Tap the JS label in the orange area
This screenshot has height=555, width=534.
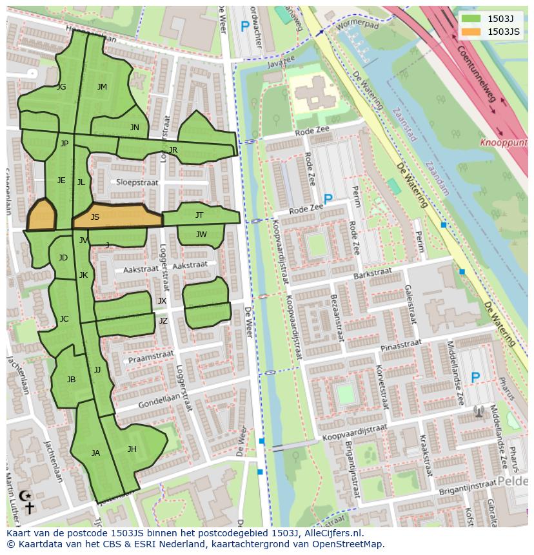tap(95, 217)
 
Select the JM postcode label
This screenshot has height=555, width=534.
tap(102, 87)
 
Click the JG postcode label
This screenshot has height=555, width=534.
tap(61, 87)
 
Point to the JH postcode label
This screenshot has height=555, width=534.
tap(132, 449)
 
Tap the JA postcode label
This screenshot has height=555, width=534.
tap(95, 453)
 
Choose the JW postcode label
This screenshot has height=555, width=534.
tap(201, 235)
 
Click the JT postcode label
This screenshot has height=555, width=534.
tap(199, 215)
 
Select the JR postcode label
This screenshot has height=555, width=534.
tap(173, 150)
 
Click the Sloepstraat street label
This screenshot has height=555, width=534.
tap(137, 182)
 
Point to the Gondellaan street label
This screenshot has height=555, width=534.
tap(157, 400)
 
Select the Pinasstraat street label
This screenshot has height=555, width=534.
tap(400, 346)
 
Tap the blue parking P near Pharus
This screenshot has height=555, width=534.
tap(475, 378)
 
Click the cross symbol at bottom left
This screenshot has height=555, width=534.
tap(29, 508)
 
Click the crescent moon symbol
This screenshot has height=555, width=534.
tap(25, 496)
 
